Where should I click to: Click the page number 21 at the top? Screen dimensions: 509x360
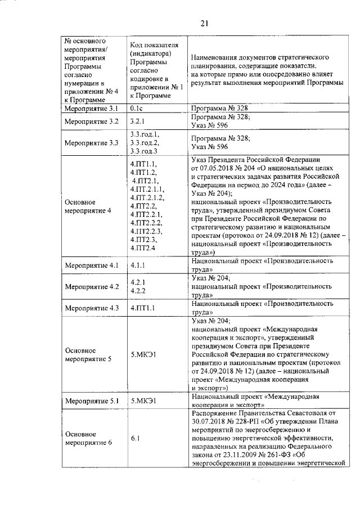coord(204,23)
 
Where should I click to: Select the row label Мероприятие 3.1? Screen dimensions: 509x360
coord(91,107)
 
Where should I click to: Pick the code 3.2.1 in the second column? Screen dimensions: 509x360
coord(138,121)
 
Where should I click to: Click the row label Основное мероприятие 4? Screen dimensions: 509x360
coord(88,206)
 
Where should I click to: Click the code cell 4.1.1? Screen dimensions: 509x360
coord(138,265)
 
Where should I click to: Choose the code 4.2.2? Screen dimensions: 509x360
coord(138,291)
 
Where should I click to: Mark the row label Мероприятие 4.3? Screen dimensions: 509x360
coord(91,308)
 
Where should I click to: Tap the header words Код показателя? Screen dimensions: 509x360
coord(154,45)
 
